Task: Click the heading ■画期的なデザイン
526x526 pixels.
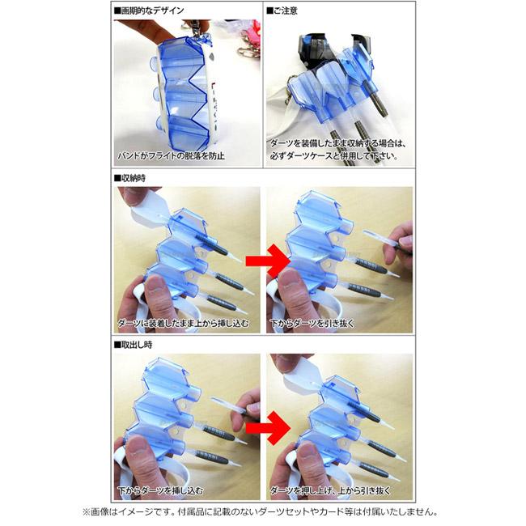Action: [x=149, y=11]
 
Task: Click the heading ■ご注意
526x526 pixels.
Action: [x=282, y=11]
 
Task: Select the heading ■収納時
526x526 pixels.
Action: [x=129, y=178]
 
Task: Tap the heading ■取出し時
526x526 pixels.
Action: [x=134, y=345]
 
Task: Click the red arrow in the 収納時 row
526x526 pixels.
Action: [x=267, y=261]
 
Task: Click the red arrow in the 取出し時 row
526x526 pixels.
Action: [x=267, y=428]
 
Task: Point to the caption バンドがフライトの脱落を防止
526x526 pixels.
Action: [x=171, y=156]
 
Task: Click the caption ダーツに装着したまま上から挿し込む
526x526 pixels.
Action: [x=183, y=324]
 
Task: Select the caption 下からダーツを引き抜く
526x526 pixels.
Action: [x=312, y=324]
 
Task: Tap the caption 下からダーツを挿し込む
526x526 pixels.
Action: [x=160, y=490]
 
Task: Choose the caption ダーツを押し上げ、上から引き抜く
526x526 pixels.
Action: [x=330, y=490]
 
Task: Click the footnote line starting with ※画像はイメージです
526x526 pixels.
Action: [x=261, y=512]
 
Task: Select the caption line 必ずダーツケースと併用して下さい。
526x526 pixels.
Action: [x=334, y=156]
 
